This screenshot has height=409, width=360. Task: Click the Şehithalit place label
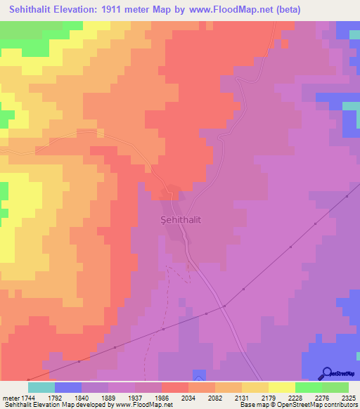[176, 219]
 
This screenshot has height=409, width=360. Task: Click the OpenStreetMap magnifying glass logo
[326, 372]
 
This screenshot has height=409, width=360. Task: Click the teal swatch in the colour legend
[41, 387]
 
